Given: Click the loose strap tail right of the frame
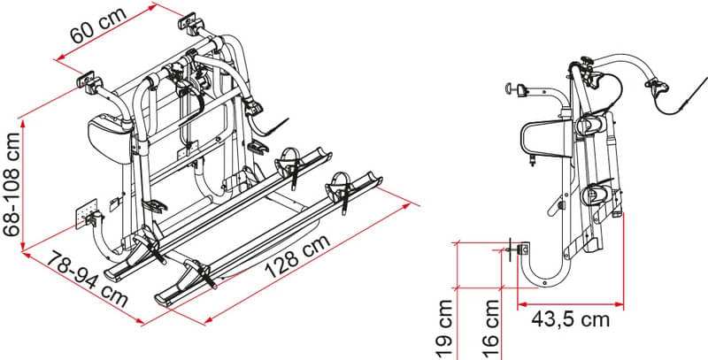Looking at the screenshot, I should point(276,129).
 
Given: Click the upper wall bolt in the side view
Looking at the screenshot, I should point(512,88).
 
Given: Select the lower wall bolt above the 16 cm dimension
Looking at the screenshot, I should point(514,249).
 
